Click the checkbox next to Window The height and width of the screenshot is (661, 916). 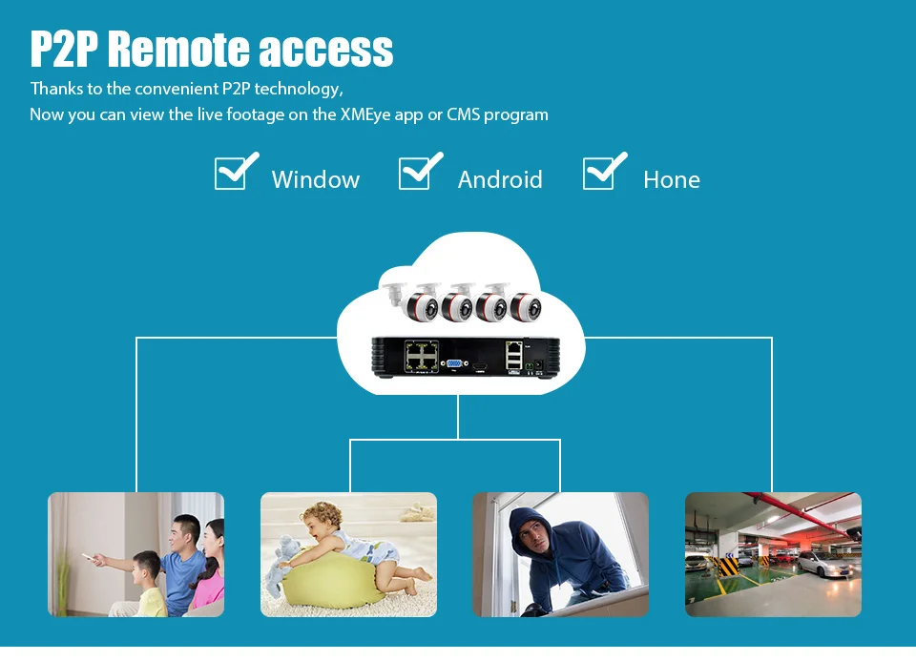click(233, 174)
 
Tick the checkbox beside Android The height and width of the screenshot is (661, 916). click(417, 174)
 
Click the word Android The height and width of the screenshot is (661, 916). click(500, 179)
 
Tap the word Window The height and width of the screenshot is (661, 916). click(316, 179)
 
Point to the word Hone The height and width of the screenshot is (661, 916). click(672, 179)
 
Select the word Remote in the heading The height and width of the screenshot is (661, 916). click(180, 49)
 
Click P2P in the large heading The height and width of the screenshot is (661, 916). click(64, 49)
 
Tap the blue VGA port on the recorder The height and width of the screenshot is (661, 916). click(454, 364)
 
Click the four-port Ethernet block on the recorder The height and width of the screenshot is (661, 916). click(422, 356)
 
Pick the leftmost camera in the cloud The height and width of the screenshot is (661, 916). click(412, 302)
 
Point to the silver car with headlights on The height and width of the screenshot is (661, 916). click(824, 564)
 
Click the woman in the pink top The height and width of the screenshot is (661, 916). click(210, 569)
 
